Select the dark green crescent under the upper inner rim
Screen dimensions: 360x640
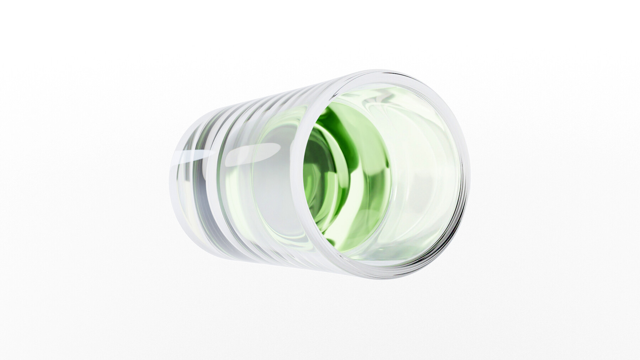point(332,117)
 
